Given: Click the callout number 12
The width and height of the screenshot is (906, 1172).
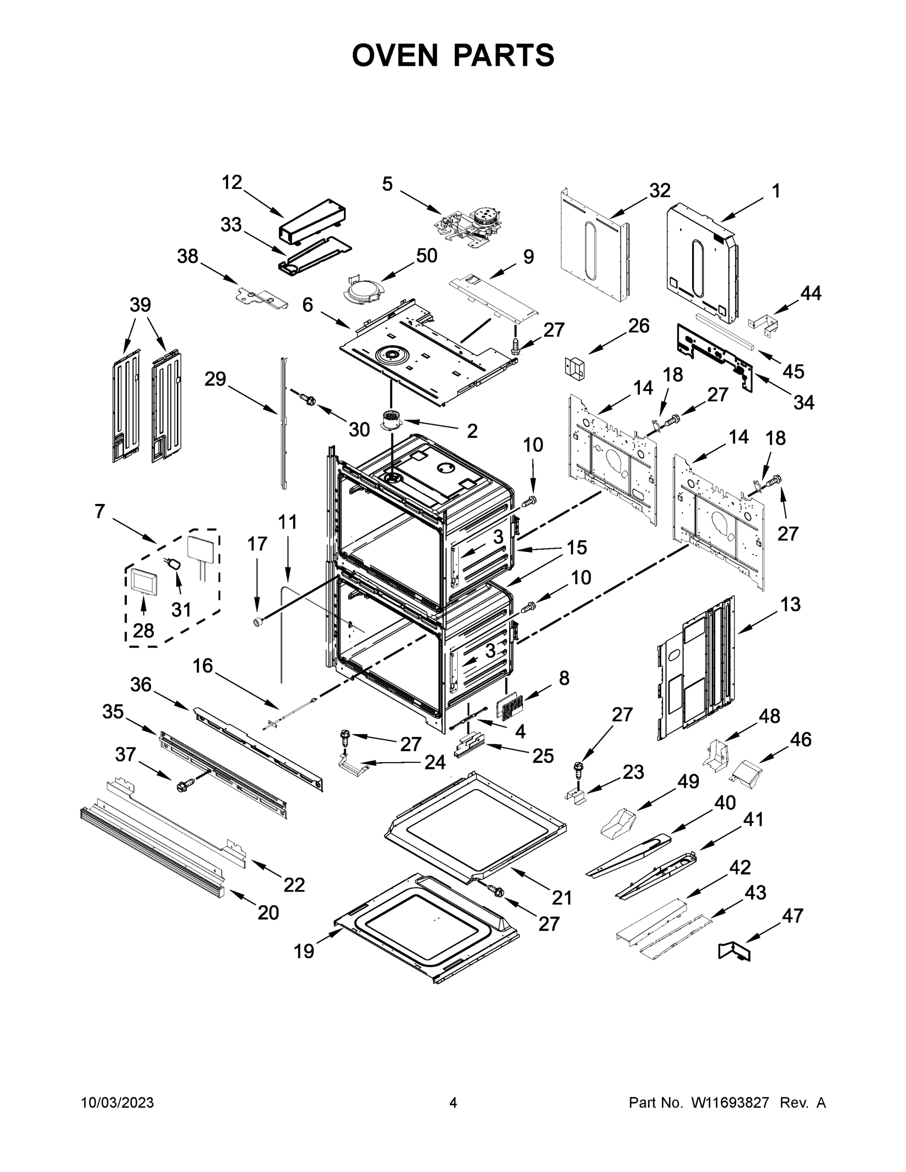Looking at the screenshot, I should point(232,183).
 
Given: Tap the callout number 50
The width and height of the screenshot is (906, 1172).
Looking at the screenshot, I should point(427,255).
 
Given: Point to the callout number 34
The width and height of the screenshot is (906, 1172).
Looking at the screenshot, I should point(803,402).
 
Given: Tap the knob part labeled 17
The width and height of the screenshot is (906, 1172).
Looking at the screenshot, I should point(259,622).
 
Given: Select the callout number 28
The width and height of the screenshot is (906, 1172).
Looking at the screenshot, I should point(143,630).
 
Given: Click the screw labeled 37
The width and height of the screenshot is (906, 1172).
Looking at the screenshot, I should point(183,787).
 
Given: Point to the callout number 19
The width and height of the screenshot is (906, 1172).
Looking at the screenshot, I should point(304,952).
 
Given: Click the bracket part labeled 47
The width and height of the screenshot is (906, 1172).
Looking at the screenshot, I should point(735,951).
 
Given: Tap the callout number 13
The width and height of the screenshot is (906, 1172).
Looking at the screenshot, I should point(790,605).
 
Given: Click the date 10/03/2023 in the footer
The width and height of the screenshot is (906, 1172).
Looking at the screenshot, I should point(118,1103).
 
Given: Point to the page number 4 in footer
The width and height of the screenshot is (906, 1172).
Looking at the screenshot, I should point(453,1103).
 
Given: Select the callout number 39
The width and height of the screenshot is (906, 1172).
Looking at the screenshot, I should point(140,305).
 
